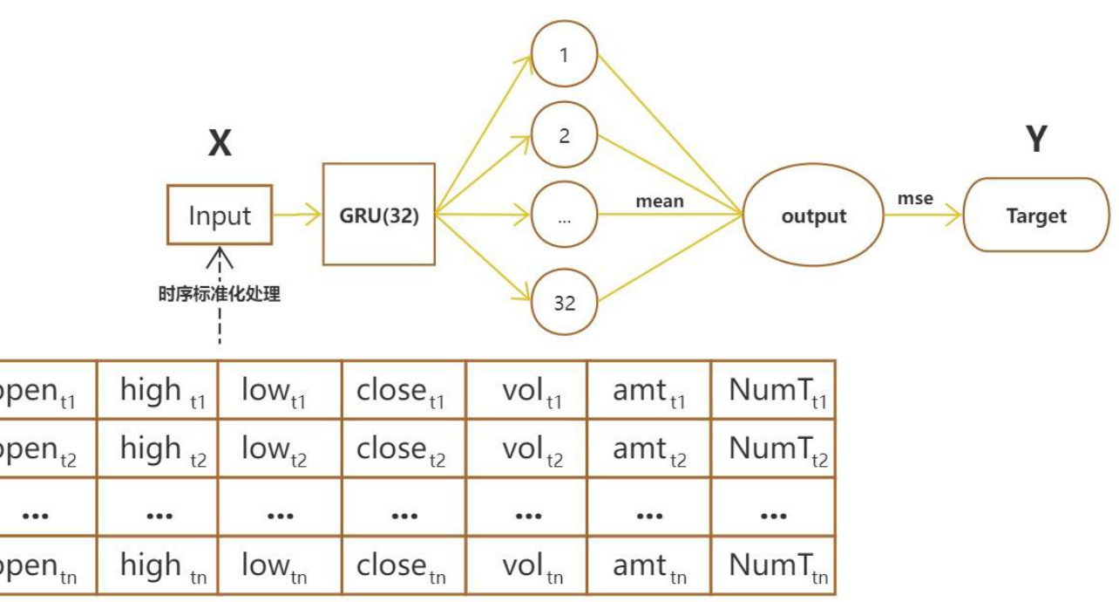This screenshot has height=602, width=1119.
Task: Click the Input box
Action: [x=220, y=215]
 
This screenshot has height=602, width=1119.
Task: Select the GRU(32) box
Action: [x=379, y=215]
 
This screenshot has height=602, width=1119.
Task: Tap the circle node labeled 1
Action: [x=564, y=54]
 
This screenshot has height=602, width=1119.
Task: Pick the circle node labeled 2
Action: [x=564, y=135]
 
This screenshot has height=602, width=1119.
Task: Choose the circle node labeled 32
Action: [x=564, y=302]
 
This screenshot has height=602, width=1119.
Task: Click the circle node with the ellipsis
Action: [x=564, y=217]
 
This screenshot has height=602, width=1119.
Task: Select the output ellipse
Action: [x=813, y=215]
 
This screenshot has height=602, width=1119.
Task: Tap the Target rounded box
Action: [x=1036, y=215]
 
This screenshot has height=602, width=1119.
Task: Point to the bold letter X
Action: [x=220, y=143]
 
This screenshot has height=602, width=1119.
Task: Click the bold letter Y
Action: [x=1036, y=139]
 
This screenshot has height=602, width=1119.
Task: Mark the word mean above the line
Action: [x=659, y=202]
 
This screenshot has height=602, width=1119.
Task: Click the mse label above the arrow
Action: [x=915, y=199]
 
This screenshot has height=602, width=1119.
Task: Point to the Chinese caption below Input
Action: [x=219, y=294]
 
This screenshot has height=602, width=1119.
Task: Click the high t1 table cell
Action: [x=158, y=390]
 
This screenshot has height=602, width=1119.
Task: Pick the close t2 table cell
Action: [x=404, y=448]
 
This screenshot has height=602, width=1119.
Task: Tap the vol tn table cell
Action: [x=527, y=566]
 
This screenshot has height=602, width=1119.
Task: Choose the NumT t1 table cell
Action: [x=774, y=390]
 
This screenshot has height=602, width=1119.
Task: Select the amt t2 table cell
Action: [x=649, y=448]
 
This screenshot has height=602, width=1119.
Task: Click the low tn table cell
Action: [x=280, y=566]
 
